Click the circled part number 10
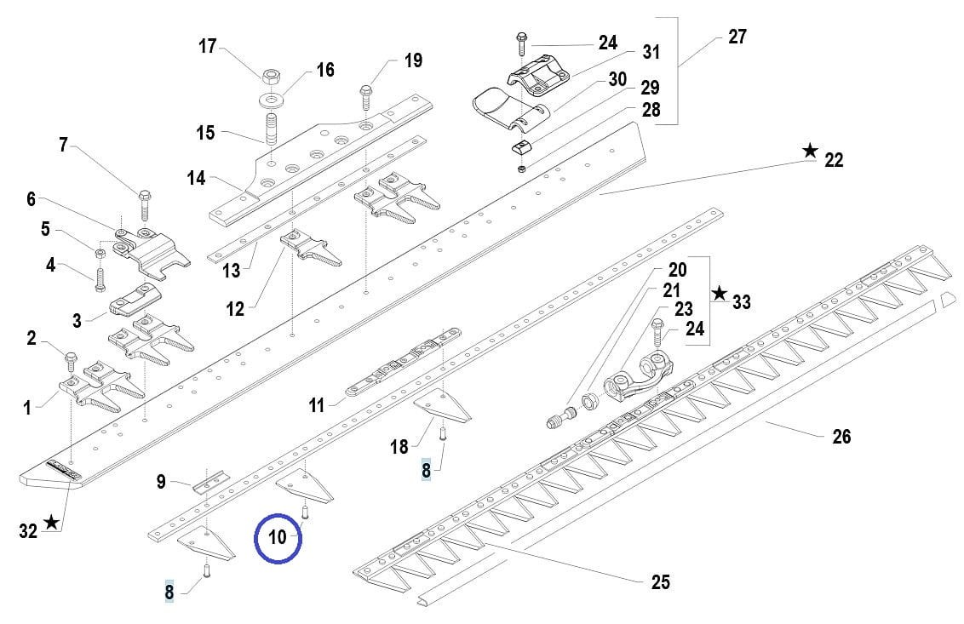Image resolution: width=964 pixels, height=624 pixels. [278, 538]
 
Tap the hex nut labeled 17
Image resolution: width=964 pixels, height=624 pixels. [271, 77]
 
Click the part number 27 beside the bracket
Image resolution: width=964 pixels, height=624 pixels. [737, 37]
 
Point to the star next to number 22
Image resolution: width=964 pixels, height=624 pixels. [809, 152]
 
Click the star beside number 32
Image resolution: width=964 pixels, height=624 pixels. [52, 522]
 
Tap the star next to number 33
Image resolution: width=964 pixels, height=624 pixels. [720, 294]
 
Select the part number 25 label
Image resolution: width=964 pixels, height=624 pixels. [660, 582]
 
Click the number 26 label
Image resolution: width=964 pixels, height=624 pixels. [841, 437]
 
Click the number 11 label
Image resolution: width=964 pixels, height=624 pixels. [317, 406]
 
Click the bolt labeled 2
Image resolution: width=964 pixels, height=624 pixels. [72, 358]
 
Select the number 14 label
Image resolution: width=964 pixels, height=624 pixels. [197, 179]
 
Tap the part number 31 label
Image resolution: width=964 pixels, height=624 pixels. [651, 52]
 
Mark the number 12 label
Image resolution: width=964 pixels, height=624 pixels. [236, 309]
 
